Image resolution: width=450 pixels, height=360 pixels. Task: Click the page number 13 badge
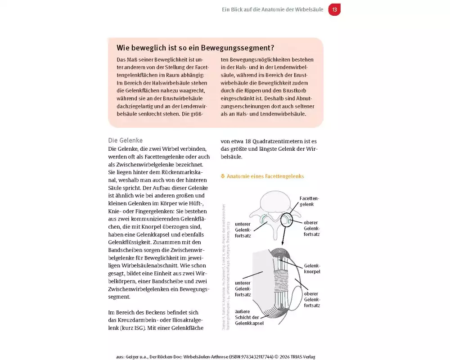(334, 9)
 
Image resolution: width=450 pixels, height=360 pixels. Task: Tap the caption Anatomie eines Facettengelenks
(265, 176)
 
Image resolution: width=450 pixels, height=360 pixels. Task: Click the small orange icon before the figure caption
(223, 176)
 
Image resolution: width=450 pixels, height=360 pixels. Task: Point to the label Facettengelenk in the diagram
(310, 201)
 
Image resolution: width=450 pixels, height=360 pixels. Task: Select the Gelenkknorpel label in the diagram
(312, 269)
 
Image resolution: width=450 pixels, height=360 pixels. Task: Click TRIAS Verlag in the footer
(302, 356)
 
